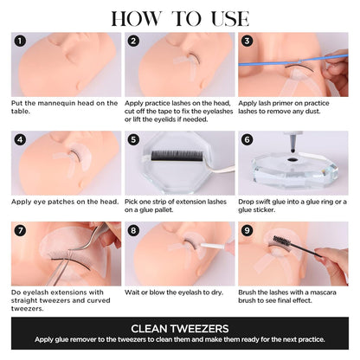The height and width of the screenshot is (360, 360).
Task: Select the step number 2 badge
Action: (134, 41)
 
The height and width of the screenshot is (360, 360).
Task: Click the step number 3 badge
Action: (247, 41)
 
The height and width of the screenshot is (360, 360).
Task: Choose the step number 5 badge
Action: (134, 138)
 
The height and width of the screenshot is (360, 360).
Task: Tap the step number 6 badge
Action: (247, 138)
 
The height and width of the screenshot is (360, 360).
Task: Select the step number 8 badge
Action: (134, 230)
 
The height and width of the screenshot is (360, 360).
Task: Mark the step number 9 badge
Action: (247, 230)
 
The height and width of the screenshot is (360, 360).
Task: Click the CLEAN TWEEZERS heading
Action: (180, 329)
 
